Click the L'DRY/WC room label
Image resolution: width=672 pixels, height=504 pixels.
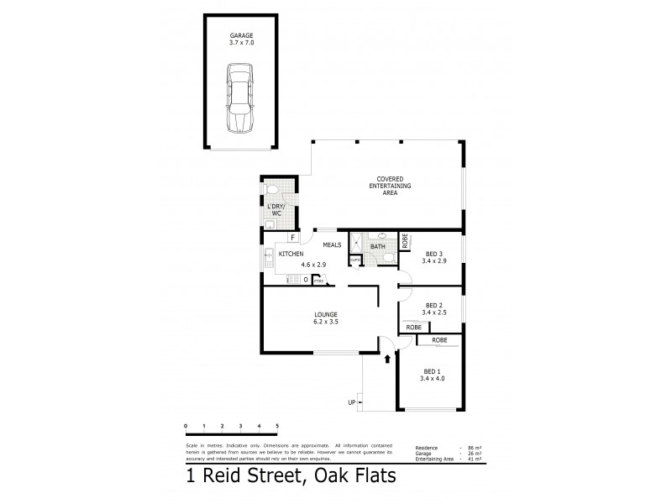[x=276, y=209]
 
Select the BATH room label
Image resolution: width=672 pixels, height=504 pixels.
[x=378, y=246]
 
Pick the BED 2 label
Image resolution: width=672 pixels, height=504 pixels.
[x=434, y=304]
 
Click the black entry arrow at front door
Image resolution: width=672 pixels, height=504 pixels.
[x=386, y=360]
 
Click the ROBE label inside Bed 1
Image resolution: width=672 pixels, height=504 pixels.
[x=438, y=340]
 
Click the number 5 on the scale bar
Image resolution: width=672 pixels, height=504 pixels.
[x=276, y=427]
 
